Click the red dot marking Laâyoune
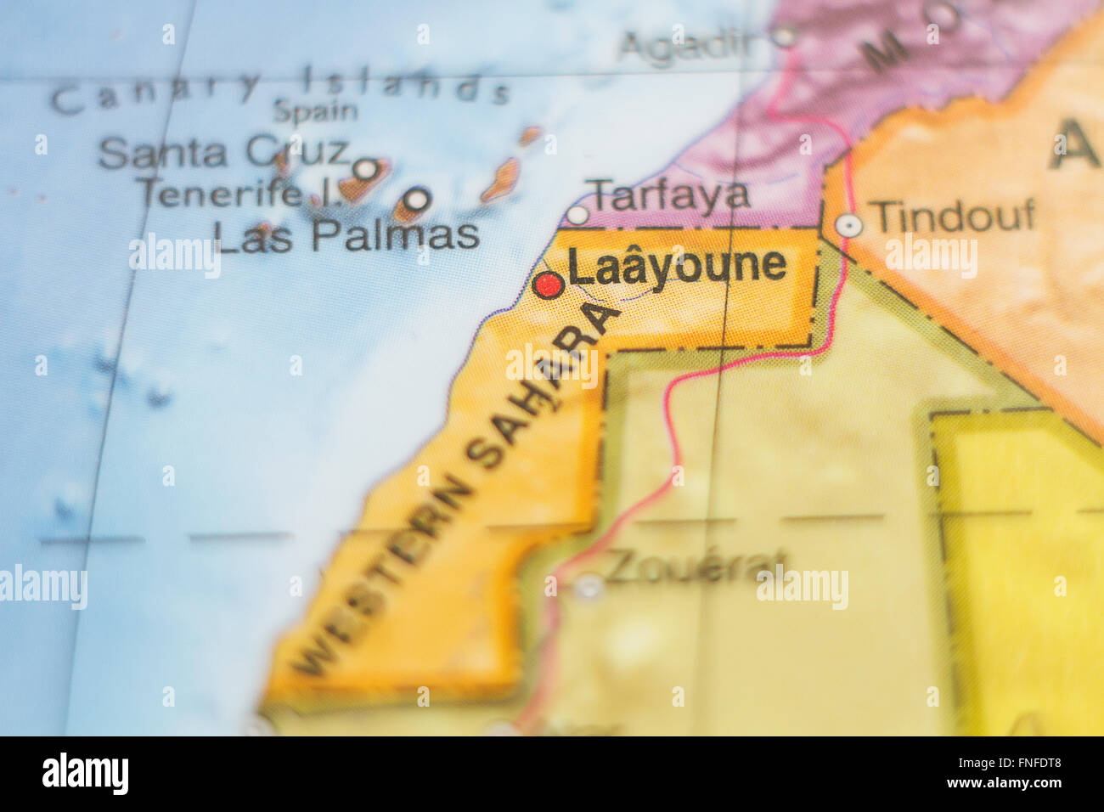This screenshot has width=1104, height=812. click(549, 285)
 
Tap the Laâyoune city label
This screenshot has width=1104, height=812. click(677, 265)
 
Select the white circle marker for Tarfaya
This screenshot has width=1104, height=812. click(577, 214)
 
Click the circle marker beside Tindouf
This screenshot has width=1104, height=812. click(848, 225)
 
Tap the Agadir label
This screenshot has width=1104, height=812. click(688, 45)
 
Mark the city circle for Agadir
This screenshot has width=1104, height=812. click(785, 36)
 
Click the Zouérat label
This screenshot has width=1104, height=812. click(695, 566)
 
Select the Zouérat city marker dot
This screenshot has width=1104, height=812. click(588, 584)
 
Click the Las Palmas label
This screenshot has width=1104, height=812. click(346, 236)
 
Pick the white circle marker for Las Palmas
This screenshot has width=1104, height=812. click(417, 200)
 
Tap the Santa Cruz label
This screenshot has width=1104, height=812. click(223, 153)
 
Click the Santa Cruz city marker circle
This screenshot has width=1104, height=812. click(365, 169)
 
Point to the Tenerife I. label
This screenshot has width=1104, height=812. click(239, 194)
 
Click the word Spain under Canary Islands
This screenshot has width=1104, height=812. click(315, 110)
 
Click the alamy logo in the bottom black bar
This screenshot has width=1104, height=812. click(86, 774)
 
